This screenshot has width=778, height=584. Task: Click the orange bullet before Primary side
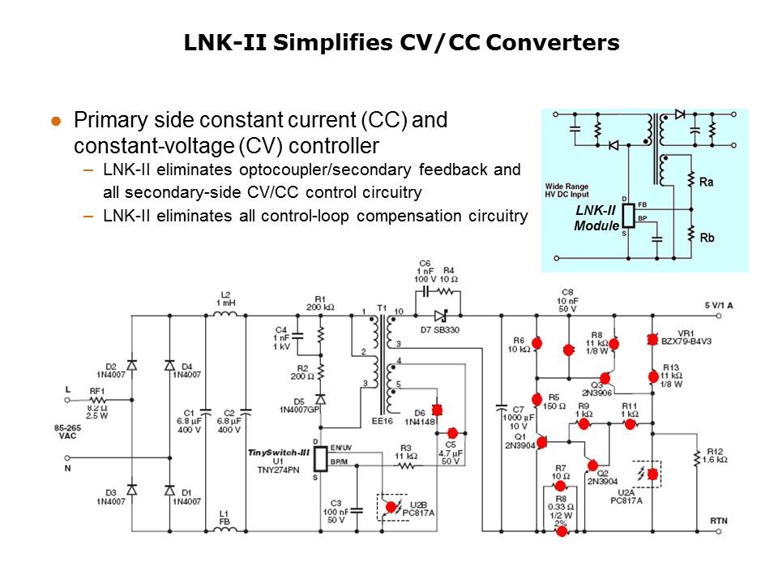(x=57, y=121)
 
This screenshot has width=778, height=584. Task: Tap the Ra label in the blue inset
(x=707, y=182)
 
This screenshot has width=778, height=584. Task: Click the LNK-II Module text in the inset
(x=596, y=217)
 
